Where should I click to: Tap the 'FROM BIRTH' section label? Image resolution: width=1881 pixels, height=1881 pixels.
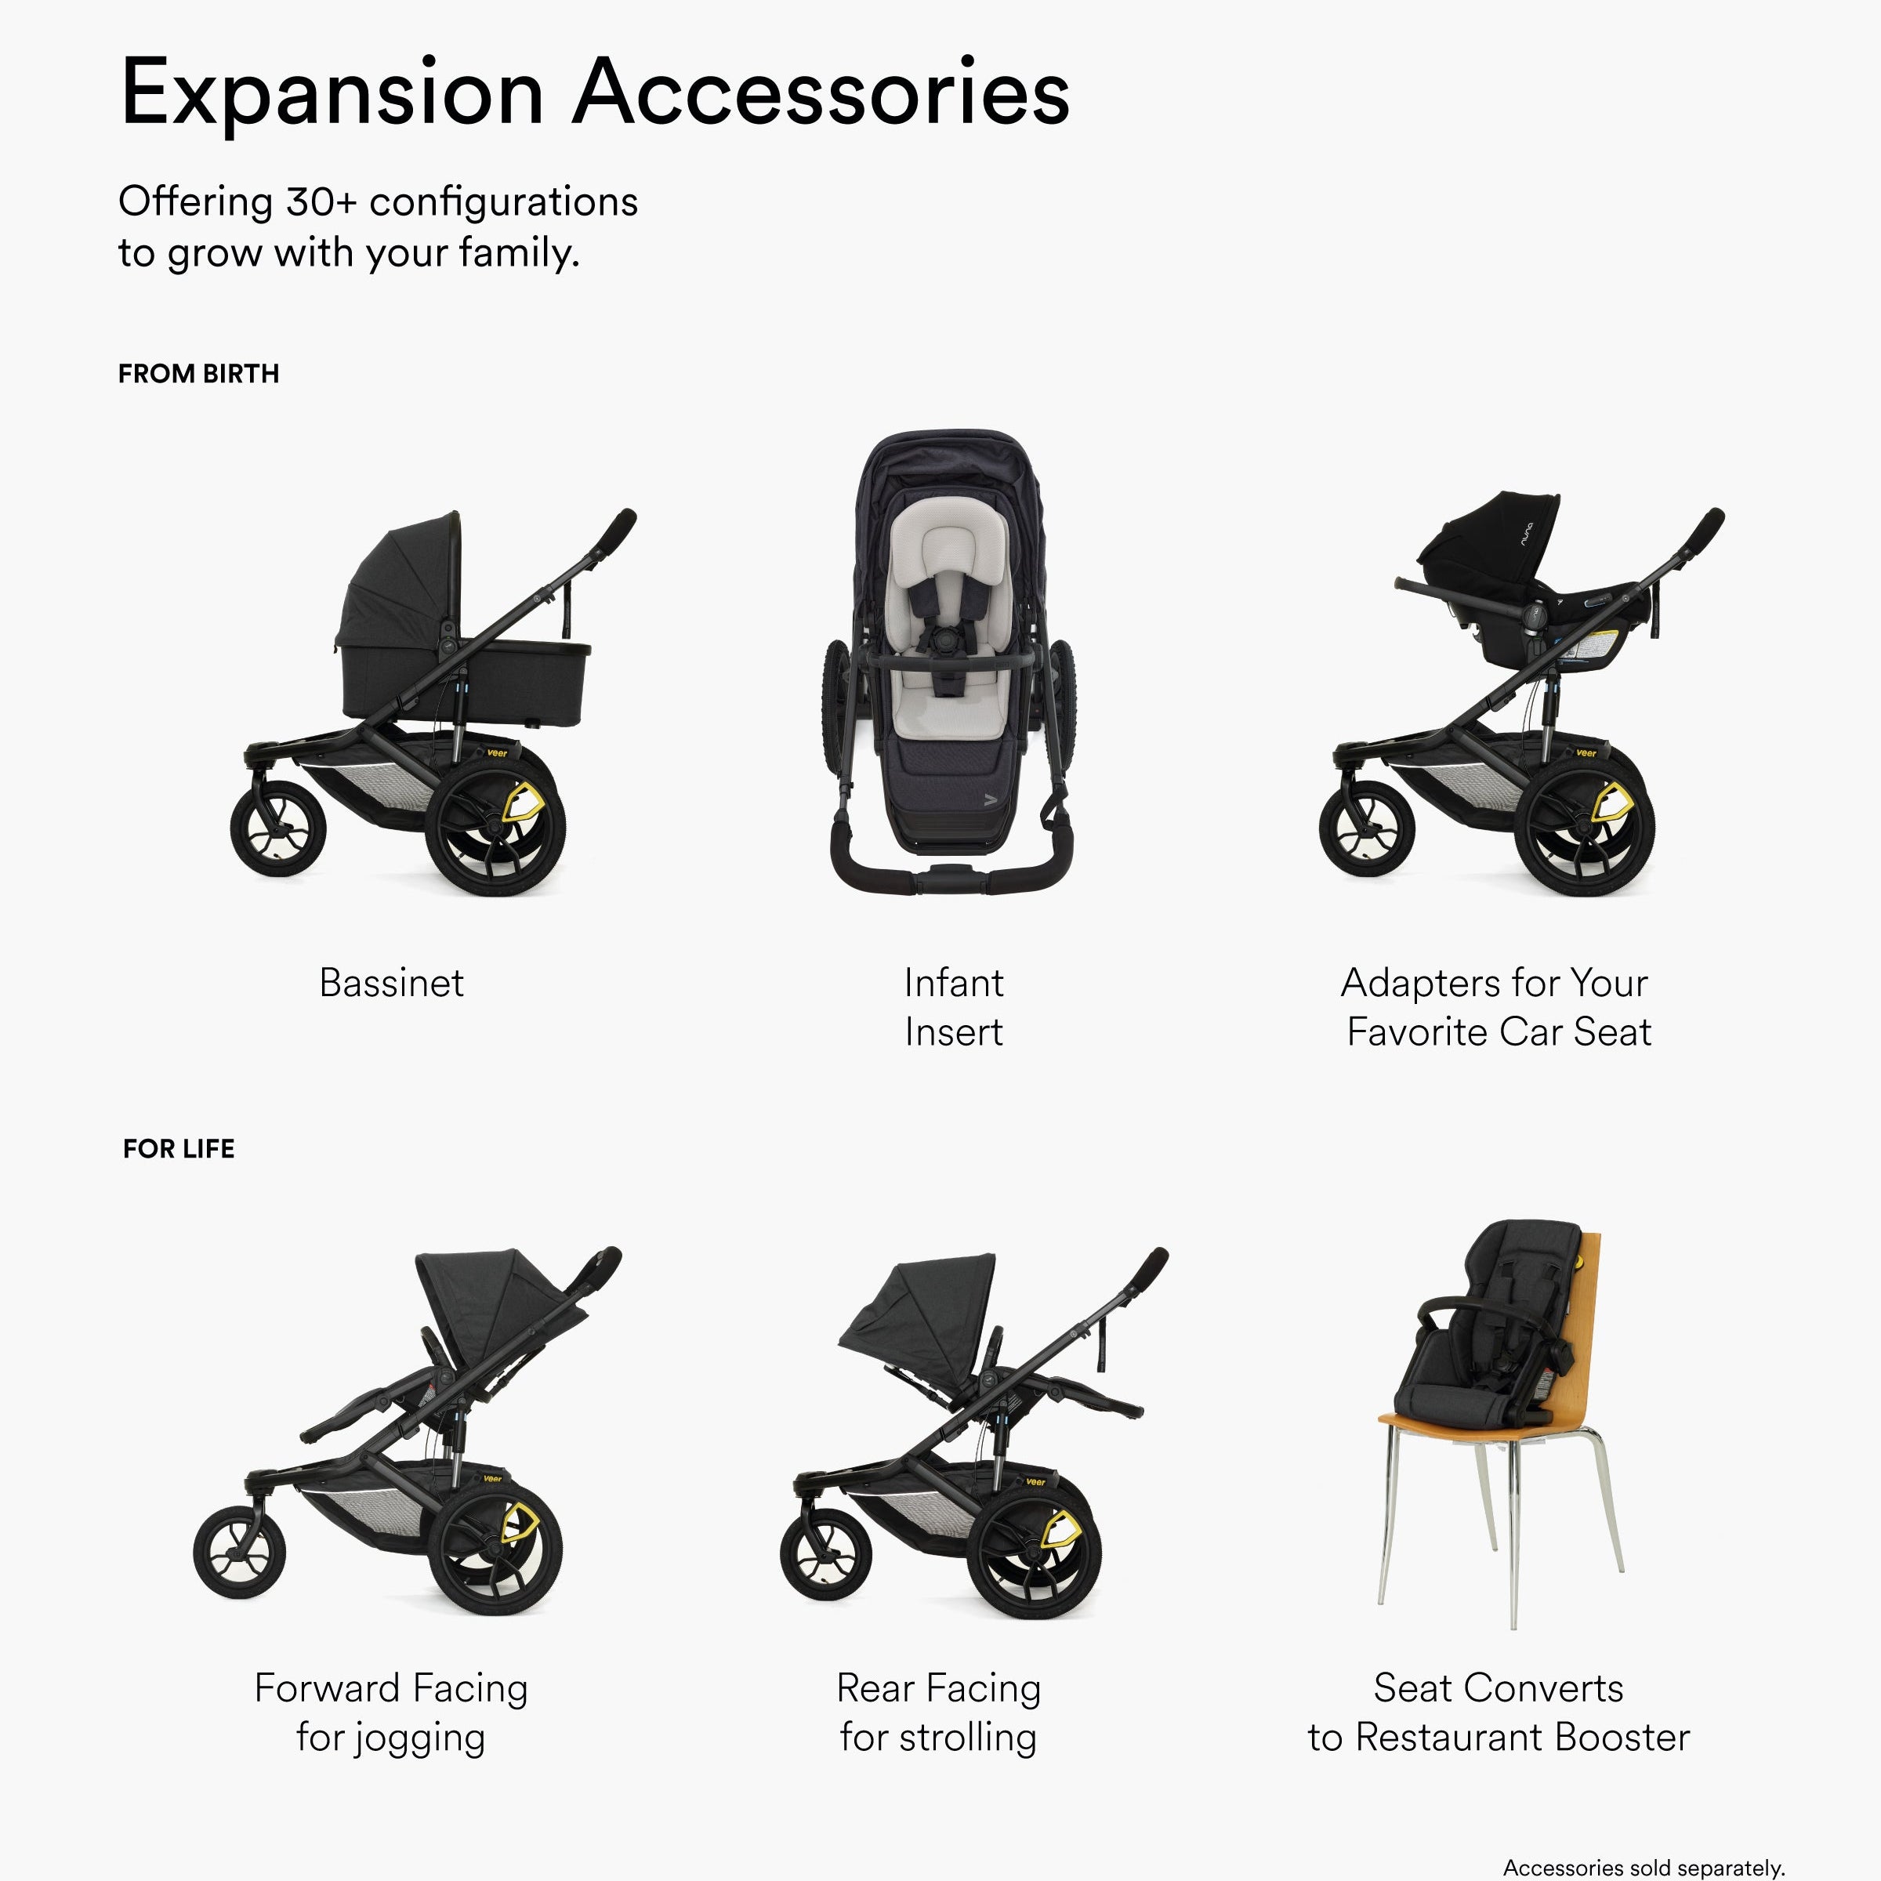pyautogui.click(x=198, y=374)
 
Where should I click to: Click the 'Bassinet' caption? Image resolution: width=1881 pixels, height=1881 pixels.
pyautogui.click(x=391, y=982)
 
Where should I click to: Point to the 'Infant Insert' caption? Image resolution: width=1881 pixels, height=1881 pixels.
pyautogui.click(x=953, y=1006)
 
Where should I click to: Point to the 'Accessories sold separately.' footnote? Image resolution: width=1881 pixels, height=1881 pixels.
pyautogui.click(x=1644, y=1868)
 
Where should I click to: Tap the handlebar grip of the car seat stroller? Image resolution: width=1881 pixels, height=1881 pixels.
pyautogui.click(x=1704, y=531)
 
